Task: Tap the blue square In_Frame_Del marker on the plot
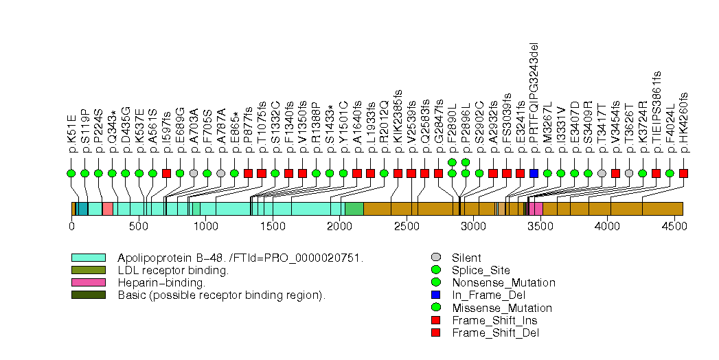click(x=534, y=173)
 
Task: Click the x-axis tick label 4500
click(x=674, y=225)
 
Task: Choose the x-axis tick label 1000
click(x=205, y=225)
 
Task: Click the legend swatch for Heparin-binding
click(x=88, y=282)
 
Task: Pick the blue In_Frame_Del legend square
click(x=435, y=295)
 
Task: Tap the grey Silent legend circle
click(x=435, y=258)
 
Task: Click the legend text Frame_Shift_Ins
click(x=494, y=320)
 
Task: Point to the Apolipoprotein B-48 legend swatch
click(x=88, y=258)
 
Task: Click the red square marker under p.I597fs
click(x=166, y=173)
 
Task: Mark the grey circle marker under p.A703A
click(x=194, y=173)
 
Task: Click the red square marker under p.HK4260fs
click(x=683, y=173)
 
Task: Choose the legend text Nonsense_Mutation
click(x=503, y=282)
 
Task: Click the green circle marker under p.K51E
click(x=71, y=173)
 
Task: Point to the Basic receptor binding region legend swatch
click(x=88, y=295)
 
